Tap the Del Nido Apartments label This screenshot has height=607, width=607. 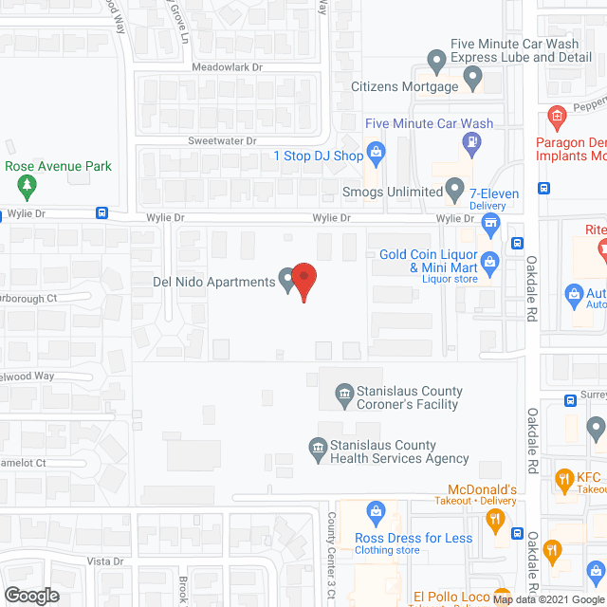coord(213,281)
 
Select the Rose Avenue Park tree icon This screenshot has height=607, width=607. coord(29,183)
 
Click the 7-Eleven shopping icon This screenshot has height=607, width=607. coord(491,225)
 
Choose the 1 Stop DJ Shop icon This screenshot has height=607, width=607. coord(376,150)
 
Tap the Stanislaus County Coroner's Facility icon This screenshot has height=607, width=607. coord(341,391)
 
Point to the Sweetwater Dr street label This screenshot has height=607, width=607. coord(223,140)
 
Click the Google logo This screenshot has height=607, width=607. coord(30,595)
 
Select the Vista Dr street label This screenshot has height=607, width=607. coord(105,561)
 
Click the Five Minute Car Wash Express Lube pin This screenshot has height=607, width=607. coord(437,64)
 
